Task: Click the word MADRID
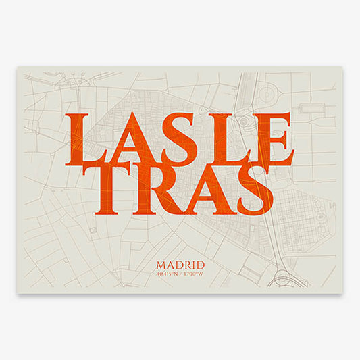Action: pos(180,265)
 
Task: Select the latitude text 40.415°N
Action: pos(168,275)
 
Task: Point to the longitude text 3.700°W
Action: pos(194,275)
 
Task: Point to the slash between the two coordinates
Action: pos(180,275)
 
